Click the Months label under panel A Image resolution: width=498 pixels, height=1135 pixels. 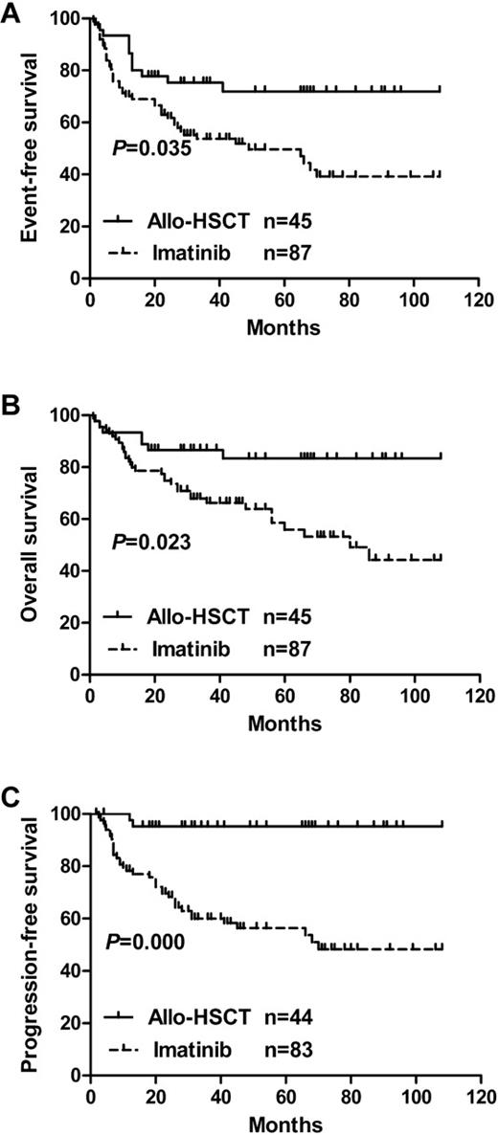(284, 327)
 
